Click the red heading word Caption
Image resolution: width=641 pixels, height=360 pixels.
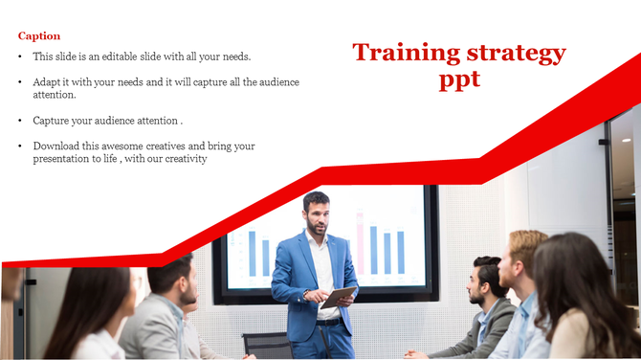(x=39, y=36)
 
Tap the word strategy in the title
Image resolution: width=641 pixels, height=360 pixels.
(x=519, y=53)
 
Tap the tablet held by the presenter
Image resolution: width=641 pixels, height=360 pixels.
(x=337, y=298)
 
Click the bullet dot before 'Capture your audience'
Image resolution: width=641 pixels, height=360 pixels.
(x=21, y=121)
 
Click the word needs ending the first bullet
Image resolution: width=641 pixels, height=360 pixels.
(x=234, y=57)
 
